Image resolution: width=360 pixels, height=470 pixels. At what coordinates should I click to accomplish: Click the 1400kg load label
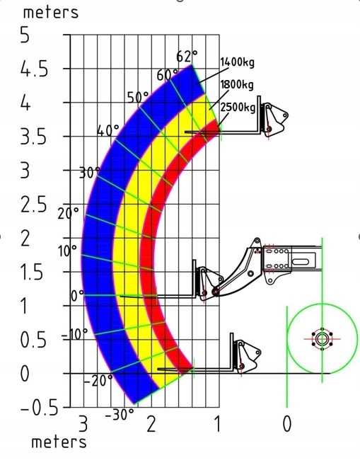[237, 62]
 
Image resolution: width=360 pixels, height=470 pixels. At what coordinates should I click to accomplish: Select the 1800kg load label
[237, 85]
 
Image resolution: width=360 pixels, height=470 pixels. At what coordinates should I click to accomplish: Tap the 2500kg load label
[238, 108]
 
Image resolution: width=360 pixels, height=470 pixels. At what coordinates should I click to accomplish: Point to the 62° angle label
[187, 56]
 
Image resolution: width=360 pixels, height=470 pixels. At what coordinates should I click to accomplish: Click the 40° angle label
[108, 131]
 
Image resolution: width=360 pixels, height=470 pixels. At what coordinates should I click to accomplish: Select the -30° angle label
[120, 415]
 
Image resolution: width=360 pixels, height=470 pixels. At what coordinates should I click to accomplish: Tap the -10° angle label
[75, 335]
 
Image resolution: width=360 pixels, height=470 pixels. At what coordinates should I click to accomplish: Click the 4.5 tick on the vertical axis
[34, 70]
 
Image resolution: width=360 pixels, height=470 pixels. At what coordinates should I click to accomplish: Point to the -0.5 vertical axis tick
[39, 408]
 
